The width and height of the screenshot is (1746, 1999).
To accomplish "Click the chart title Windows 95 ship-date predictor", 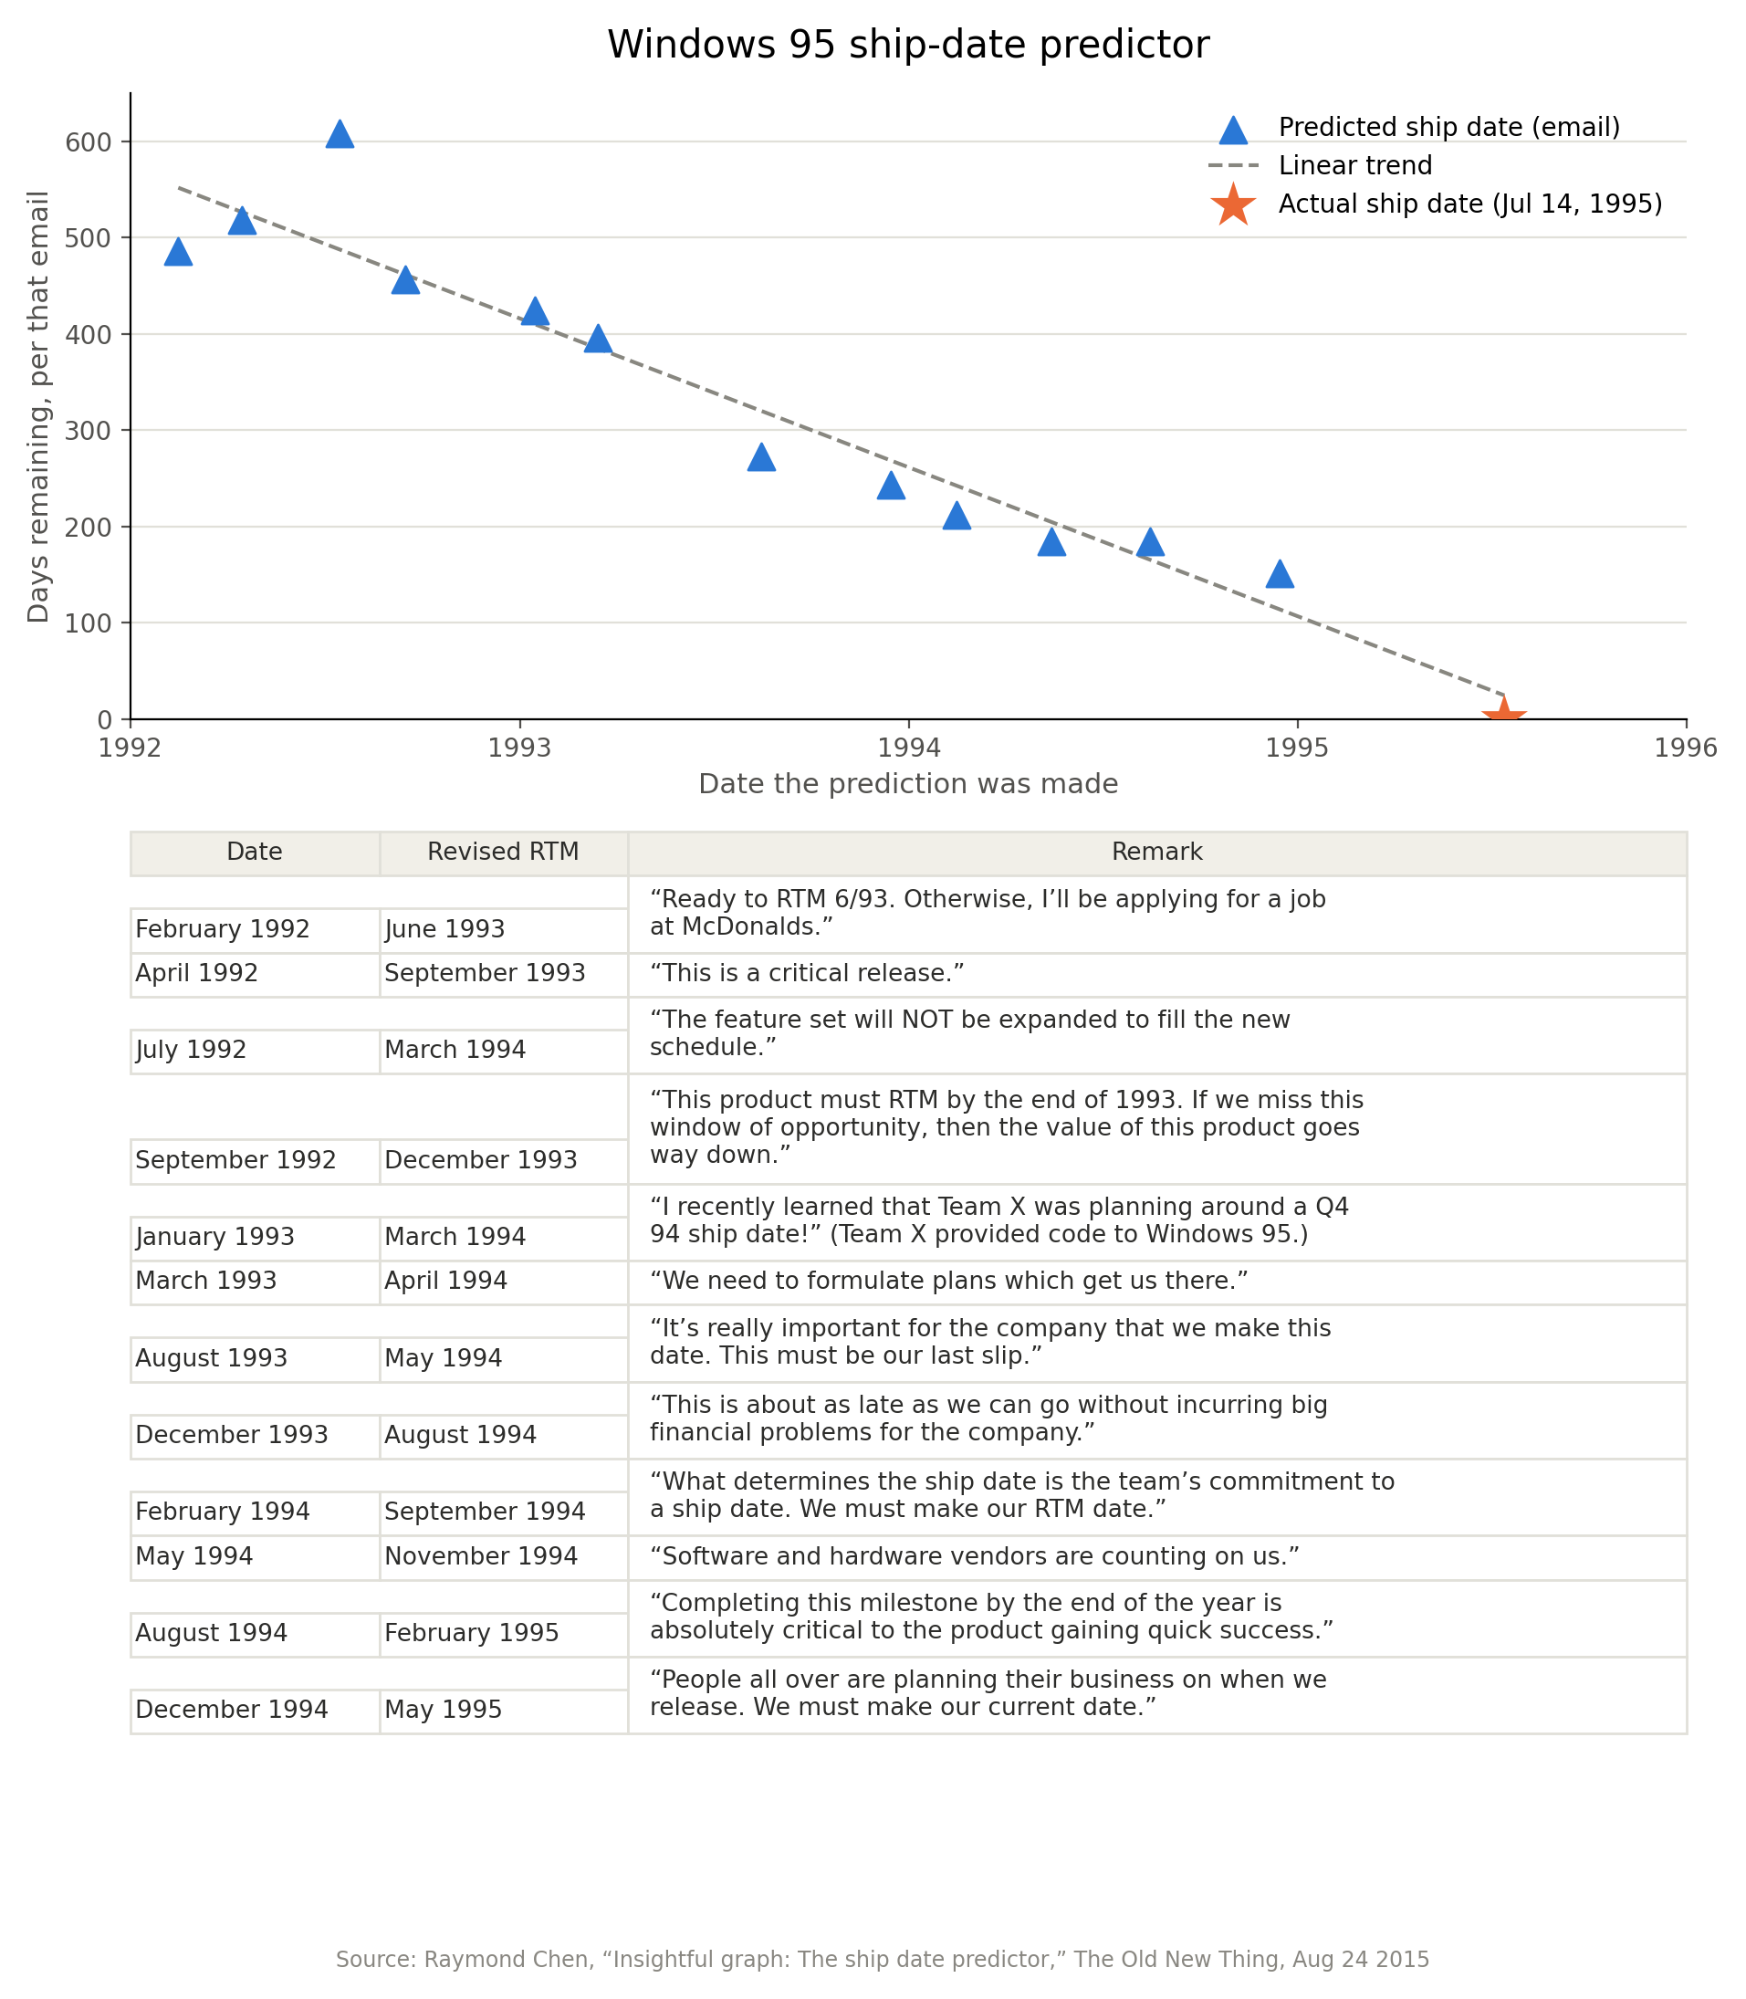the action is pyautogui.click(x=908, y=45).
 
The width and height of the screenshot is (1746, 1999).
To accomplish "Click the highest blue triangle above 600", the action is pyautogui.click(x=339, y=134).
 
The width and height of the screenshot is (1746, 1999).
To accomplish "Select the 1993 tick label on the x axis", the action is pyautogui.click(x=519, y=748).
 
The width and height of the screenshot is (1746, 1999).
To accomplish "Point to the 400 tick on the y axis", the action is pyautogui.click(x=89, y=334).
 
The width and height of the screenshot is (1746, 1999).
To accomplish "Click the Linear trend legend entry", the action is pyautogui.click(x=1319, y=165).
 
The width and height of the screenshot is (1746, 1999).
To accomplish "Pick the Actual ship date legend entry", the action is pyautogui.click(x=1435, y=204).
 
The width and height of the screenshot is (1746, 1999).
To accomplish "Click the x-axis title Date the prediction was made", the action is pyautogui.click(x=908, y=783).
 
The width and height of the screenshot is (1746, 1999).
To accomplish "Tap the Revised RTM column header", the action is pyautogui.click(x=503, y=853).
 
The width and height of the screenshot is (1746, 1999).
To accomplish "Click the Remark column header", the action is pyautogui.click(x=1156, y=853).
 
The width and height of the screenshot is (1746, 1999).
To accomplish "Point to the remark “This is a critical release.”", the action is pyautogui.click(x=807, y=973).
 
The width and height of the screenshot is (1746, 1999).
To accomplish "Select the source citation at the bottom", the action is pyautogui.click(x=883, y=1959).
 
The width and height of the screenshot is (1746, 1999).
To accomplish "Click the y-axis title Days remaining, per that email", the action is pyautogui.click(x=38, y=406).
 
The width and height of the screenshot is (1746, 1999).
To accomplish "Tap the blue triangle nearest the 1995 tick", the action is pyautogui.click(x=1280, y=574).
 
